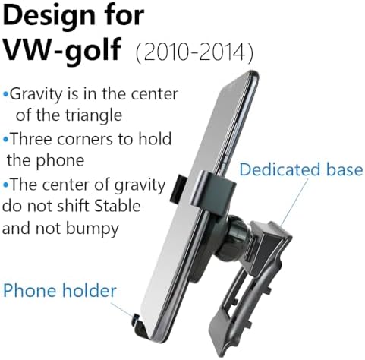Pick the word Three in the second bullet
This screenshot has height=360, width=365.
click(30, 140)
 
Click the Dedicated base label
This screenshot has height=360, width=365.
click(300, 169)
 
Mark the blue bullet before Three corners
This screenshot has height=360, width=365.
click(7, 140)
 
